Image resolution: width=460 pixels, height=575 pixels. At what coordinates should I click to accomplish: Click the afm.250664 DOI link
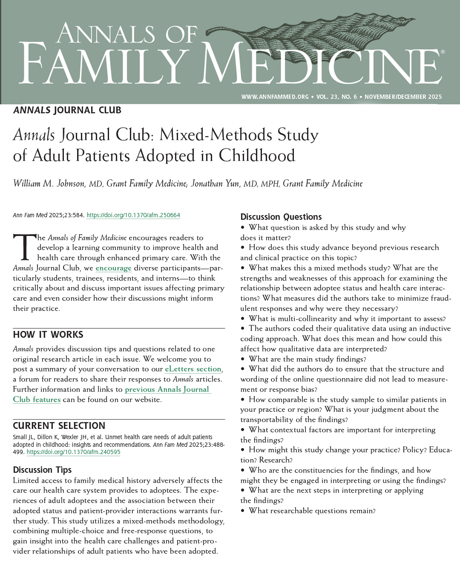(133, 216)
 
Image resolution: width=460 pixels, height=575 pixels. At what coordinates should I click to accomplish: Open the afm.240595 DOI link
(74, 452)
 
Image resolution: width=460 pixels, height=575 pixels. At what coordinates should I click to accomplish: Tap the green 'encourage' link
(113, 268)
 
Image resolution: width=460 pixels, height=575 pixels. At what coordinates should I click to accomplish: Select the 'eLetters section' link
(193, 369)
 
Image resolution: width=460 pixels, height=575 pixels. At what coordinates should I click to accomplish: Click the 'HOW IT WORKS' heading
(48, 335)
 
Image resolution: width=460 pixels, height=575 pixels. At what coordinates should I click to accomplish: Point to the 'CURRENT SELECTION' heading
(59, 426)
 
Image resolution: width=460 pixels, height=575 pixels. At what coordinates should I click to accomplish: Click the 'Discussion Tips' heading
(42, 470)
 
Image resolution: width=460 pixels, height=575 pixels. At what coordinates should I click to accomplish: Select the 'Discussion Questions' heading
(281, 217)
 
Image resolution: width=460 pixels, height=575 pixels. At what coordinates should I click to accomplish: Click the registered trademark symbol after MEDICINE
(443, 52)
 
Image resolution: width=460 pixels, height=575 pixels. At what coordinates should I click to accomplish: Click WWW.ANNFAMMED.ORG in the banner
(275, 97)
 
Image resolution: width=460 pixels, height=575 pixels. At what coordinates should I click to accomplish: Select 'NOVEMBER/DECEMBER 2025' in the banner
(403, 97)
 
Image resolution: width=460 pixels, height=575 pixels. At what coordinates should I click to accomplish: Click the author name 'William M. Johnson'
(49, 184)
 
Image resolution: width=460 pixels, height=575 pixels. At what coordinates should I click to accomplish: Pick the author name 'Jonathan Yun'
(215, 184)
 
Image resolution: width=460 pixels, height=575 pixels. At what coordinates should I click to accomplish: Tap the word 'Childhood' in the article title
(257, 156)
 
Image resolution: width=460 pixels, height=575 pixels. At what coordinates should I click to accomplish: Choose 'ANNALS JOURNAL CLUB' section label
(67, 110)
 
